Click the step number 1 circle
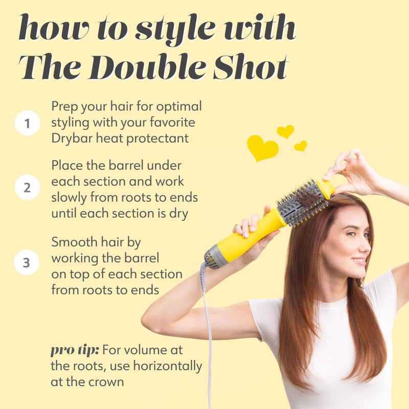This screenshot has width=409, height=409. click(27, 123)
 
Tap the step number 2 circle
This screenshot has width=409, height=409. click(27, 188)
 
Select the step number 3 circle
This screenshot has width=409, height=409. click(27, 263)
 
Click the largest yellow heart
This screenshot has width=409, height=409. click(262, 148)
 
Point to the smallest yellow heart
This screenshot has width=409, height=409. click(301, 146)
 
